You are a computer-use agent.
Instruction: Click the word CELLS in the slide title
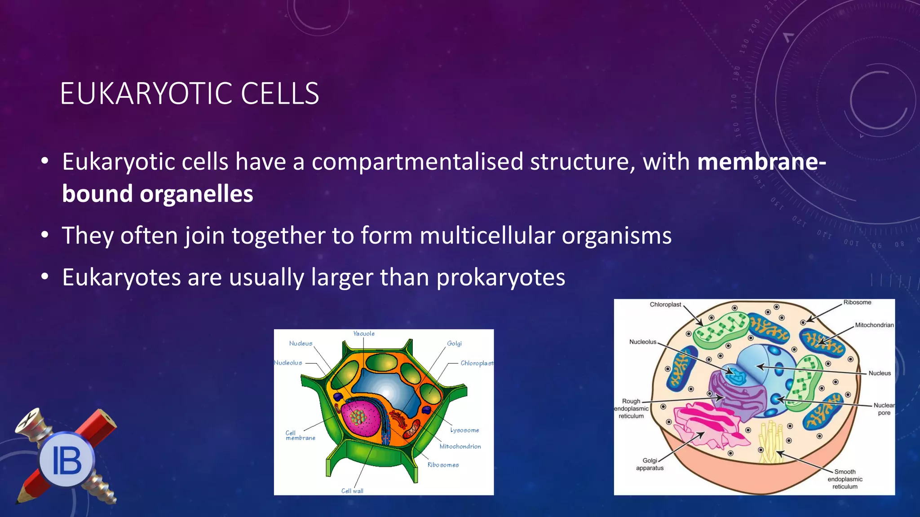pyautogui.click(x=279, y=94)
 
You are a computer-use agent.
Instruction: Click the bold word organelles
pyautogui.click(x=196, y=194)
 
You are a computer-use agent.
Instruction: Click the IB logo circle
pyautogui.click(x=66, y=460)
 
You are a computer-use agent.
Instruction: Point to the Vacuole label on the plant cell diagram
pyautogui.click(x=363, y=333)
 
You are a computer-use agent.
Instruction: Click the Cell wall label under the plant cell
pyautogui.click(x=352, y=491)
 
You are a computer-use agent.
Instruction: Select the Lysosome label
pyautogui.click(x=464, y=430)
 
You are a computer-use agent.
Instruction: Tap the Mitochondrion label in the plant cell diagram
pyautogui.click(x=460, y=446)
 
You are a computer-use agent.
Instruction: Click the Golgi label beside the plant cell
pyautogui.click(x=454, y=343)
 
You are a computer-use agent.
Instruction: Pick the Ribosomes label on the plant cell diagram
pyautogui.click(x=443, y=465)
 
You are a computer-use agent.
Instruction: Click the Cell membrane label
pyautogui.click(x=300, y=435)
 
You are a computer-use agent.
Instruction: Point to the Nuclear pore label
pyautogui.click(x=884, y=409)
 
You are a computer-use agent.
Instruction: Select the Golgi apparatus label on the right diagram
pyautogui.click(x=650, y=464)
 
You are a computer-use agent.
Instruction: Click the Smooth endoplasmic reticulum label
pyautogui.click(x=845, y=479)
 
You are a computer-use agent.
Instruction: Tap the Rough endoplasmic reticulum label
pyautogui.click(x=631, y=408)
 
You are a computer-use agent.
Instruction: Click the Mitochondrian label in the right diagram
pyautogui.click(x=874, y=325)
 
